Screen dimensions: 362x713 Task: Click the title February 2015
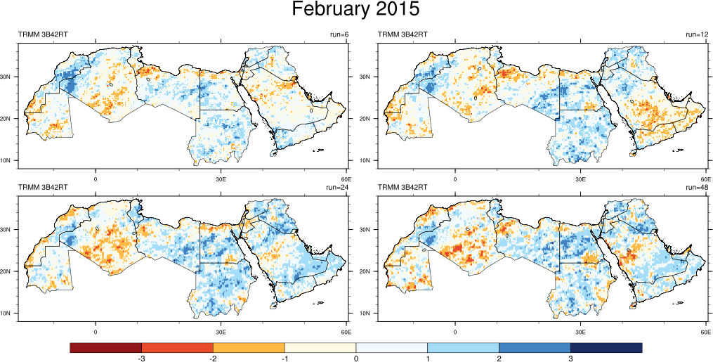point(355,11)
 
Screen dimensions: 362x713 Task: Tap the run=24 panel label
point(338,188)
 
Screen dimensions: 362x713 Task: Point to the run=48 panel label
point(698,188)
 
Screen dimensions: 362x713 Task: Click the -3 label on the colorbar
point(142,358)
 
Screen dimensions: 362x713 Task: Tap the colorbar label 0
point(356,358)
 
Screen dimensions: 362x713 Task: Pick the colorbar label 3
point(570,358)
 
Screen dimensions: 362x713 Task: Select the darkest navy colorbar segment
point(606,347)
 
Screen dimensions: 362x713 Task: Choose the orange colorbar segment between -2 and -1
point(249,347)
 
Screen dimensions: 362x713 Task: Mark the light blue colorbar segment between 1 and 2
point(463,347)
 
